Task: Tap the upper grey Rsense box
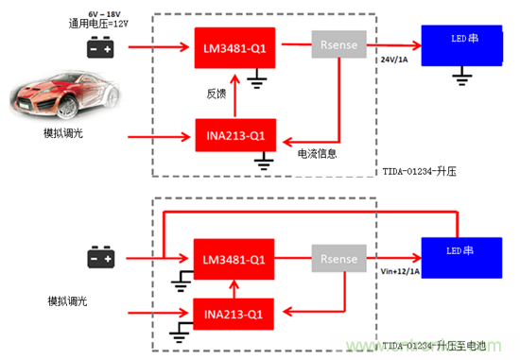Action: [338, 44]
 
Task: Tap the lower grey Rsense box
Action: [338, 258]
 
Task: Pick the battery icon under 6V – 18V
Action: [101, 47]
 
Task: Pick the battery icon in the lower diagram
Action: [101, 257]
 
